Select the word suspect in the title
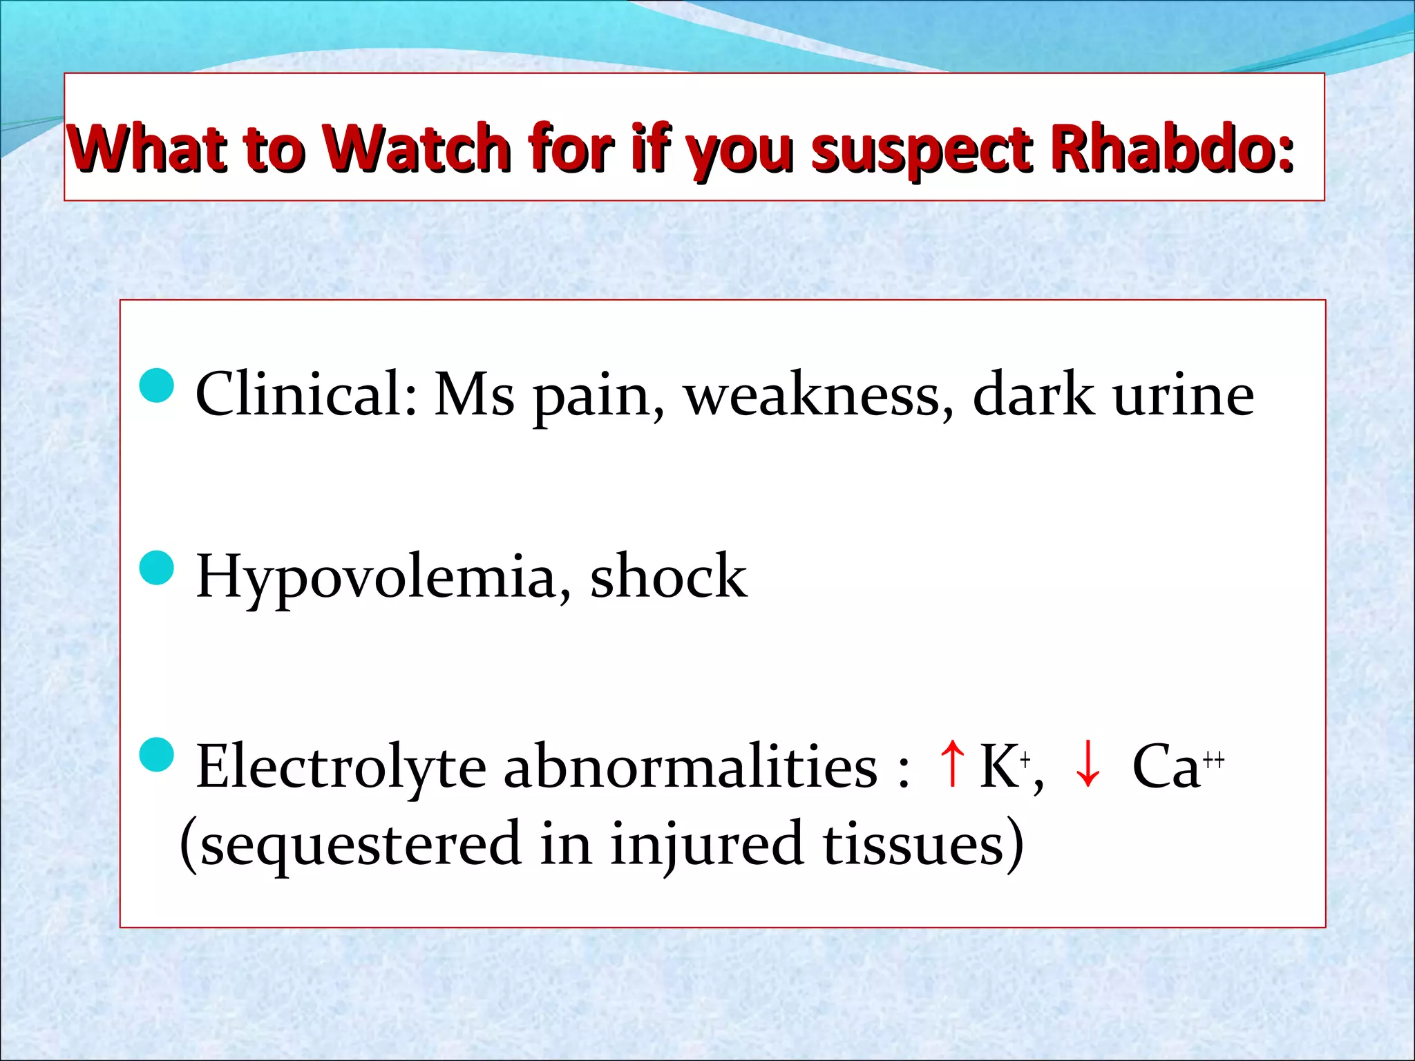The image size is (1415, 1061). [x=922, y=151]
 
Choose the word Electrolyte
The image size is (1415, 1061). [x=341, y=767]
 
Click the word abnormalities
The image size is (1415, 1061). [x=690, y=767]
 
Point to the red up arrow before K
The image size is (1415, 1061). [x=953, y=764]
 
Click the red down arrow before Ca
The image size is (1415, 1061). [x=1088, y=764]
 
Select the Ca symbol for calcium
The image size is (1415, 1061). [x=1166, y=767]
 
